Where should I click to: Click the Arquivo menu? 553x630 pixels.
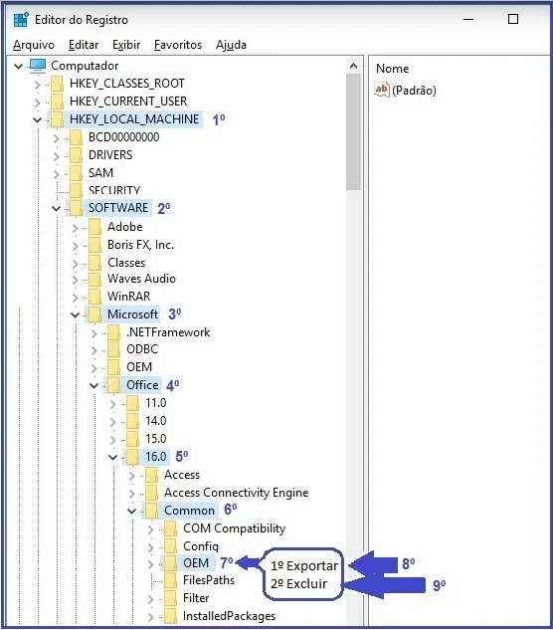(x=34, y=45)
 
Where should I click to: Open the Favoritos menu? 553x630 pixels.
(x=178, y=45)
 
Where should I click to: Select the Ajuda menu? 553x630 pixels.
(x=231, y=45)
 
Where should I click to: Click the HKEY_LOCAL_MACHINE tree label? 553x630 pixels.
(x=134, y=119)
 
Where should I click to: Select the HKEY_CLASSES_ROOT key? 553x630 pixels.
(x=127, y=84)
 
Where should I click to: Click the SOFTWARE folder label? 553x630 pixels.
(x=118, y=208)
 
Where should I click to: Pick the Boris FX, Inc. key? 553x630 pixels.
(x=140, y=245)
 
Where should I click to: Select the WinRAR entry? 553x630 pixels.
(x=128, y=297)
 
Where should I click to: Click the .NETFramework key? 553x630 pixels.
(x=168, y=332)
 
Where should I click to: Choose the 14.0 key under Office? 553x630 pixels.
(x=156, y=421)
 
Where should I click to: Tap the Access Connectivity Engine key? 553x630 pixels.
(x=236, y=493)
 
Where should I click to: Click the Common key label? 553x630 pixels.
(x=189, y=511)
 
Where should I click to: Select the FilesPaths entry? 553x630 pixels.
(x=209, y=580)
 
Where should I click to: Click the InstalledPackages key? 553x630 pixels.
(x=229, y=616)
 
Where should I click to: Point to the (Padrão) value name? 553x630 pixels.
(x=414, y=90)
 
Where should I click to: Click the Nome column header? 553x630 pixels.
(x=392, y=69)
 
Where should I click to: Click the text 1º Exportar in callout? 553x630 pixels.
(x=304, y=565)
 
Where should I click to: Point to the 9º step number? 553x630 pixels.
(x=440, y=586)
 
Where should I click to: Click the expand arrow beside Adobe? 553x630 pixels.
(x=76, y=228)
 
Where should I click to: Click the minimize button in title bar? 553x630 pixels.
(x=468, y=19)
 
